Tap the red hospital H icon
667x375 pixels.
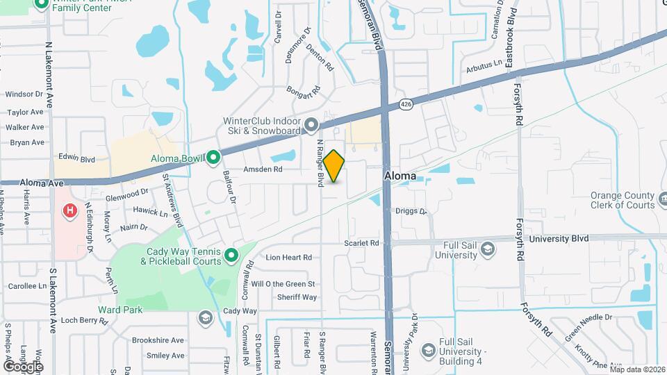(70, 210)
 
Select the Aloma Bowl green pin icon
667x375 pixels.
(214, 159)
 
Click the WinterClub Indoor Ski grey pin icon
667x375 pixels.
(311, 125)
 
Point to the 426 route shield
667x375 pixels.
(406, 105)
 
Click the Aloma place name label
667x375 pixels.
(401, 176)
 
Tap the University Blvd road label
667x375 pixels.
(559, 238)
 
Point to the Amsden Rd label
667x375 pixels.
(263, 169)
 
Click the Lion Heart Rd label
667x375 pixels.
(288, 257)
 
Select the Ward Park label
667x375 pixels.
(120, 310)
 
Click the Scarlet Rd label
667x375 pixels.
(361, 243)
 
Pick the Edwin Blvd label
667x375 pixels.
(76, 159)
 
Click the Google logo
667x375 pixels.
(23, 366)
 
